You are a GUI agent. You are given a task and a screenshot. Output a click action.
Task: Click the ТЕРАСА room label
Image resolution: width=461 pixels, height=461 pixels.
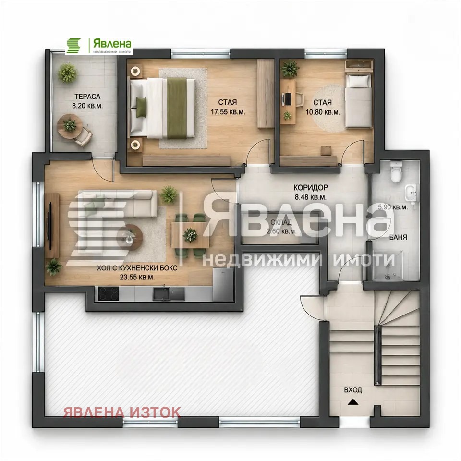pyautogui.click(x=87, y=97)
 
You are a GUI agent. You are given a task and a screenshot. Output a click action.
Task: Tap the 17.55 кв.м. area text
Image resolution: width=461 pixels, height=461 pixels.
pyautogui.click(x=228, y=112)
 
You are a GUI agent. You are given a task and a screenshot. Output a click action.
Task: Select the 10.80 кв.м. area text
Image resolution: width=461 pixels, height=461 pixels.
pyautogui.click(x=323, y=112)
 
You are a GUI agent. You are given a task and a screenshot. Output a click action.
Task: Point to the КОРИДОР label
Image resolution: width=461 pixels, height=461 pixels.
pyautogui.click(x=311, y=187)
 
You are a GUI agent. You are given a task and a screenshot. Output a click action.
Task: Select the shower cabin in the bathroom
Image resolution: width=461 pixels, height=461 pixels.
pyautogui.click(x=388, y=265)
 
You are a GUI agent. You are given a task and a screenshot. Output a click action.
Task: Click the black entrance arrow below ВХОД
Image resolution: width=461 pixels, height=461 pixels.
pyautogui.click(x=353, y=402)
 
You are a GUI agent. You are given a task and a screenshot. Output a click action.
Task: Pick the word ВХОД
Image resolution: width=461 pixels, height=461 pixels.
pyautogui.click(x=353, y=390)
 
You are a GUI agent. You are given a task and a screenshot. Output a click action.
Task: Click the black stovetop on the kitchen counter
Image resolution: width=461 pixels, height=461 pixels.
pyautogui.click(x=109, y=293)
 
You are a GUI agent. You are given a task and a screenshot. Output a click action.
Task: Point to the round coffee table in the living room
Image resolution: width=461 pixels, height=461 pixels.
pyautogui.click(x=130, y=237)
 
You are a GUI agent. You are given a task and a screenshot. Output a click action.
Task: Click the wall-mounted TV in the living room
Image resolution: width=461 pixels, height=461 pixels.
pyautogui.click(x=49, y=226)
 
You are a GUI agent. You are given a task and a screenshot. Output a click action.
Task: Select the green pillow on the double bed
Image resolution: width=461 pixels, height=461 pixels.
pyautogui.click(x=141, y=107)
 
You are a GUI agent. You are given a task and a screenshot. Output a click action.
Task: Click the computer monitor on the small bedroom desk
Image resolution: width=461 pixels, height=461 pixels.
pyautogui.click(x=289, y=99)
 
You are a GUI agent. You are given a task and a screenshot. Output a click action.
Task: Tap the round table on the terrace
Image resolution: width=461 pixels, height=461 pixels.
pyautogui.click(x=70, y=126)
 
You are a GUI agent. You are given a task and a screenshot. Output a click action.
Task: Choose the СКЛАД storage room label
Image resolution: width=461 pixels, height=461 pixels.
pyautogui.click(x=281, y=222)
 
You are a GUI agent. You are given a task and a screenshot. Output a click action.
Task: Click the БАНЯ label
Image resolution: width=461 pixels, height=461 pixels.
pyautogui.click(x=398, y=237)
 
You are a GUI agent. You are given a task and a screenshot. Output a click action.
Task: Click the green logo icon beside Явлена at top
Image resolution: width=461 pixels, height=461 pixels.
pyautogui.click(x=73, y=46)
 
